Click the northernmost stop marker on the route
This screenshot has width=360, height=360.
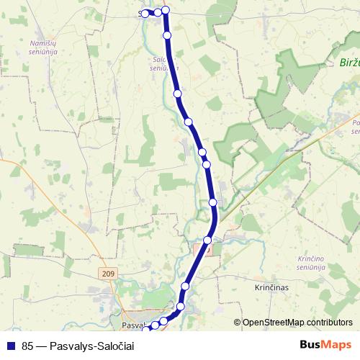[166, 9]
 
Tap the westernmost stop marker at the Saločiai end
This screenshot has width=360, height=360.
[145, 13]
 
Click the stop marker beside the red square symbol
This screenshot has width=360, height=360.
[207, 240]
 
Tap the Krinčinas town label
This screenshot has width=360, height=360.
[271, 287]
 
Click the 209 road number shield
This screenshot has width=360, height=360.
[109, 274]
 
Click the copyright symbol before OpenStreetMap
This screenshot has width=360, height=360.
[238, 323]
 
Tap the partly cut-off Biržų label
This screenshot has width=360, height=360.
[348, 63]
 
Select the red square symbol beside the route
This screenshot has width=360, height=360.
[199, 249]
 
